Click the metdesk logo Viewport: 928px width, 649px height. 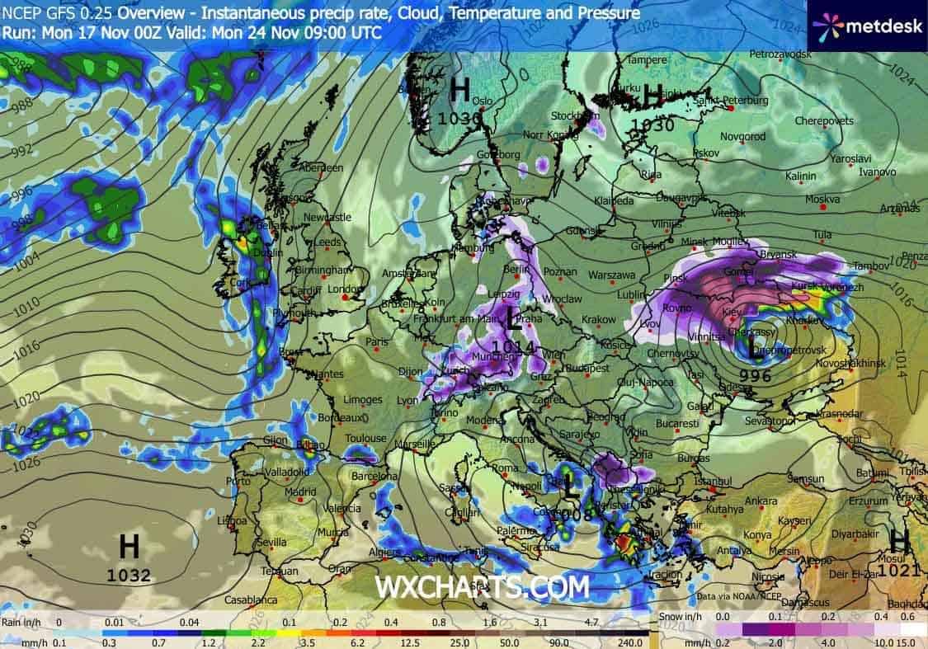pos(867,27)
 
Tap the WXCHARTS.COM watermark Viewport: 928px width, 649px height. pos(483,587)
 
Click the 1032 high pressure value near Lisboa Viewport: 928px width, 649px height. pos(129,576)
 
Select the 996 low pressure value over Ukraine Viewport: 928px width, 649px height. pos(755,375)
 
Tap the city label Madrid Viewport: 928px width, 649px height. pos(300,492)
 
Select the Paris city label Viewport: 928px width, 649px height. pos(377,341)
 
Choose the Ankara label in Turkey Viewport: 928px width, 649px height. pos(761,501)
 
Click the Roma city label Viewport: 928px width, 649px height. pos(503,468)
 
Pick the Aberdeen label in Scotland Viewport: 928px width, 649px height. pos(322,167)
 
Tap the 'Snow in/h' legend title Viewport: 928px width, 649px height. pos(679,616)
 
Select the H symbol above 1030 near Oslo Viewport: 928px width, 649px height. pos(460,89)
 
